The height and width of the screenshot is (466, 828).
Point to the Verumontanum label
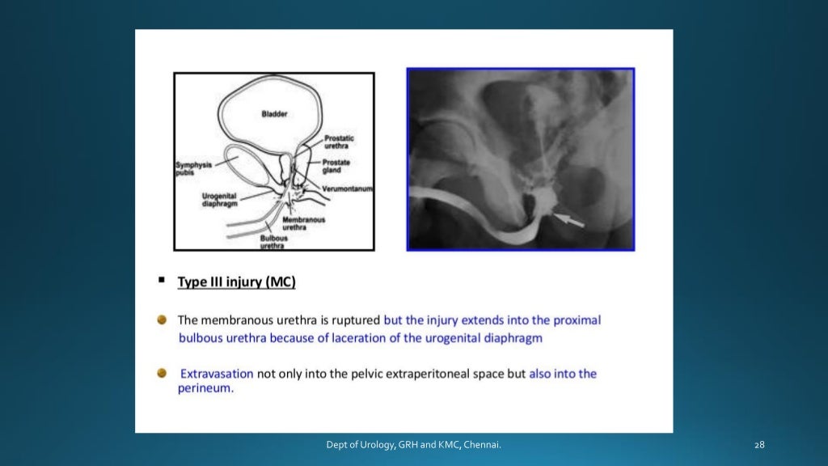[x=347, y=188]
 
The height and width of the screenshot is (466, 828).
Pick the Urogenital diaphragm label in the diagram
[x=219, y=200]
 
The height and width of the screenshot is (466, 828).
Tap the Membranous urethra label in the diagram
[x=305, y=223]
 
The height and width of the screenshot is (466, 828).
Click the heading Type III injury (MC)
[x=236, y=282]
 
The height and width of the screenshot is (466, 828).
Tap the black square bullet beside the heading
[x=162, y=280]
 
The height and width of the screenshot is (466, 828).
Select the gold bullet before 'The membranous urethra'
[x=163, y=320]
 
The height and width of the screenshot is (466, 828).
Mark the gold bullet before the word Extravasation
[x=163, y=374]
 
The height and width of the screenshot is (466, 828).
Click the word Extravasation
[x=216, y=374]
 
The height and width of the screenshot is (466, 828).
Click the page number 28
[x=758, y=445]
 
